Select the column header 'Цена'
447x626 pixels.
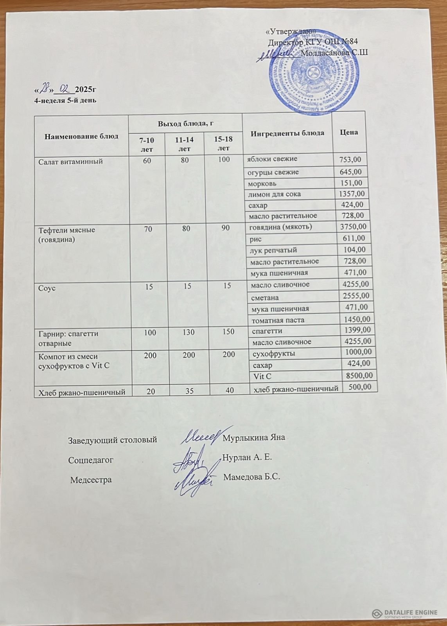(x=349, y=132)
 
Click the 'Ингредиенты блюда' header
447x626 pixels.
(x=287, y=133)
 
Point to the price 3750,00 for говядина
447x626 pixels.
(x=353, y=227)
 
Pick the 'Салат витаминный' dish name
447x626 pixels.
(x=70, y=161)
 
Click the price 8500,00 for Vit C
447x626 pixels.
(x=357, y=376)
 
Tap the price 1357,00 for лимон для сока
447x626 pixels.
(x=352, y=194)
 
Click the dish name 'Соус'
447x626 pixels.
(x=47, y=288)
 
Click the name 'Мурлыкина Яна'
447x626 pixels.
(x=253, y=437)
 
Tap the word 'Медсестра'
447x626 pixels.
(x=91, y=480)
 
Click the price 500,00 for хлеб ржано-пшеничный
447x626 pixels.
(x=359, y=387)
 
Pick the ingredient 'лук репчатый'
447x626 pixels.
(x=273, y=250)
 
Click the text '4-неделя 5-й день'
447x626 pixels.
(x=66, y=101)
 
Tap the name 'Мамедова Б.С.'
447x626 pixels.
(x=252, y=477)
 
